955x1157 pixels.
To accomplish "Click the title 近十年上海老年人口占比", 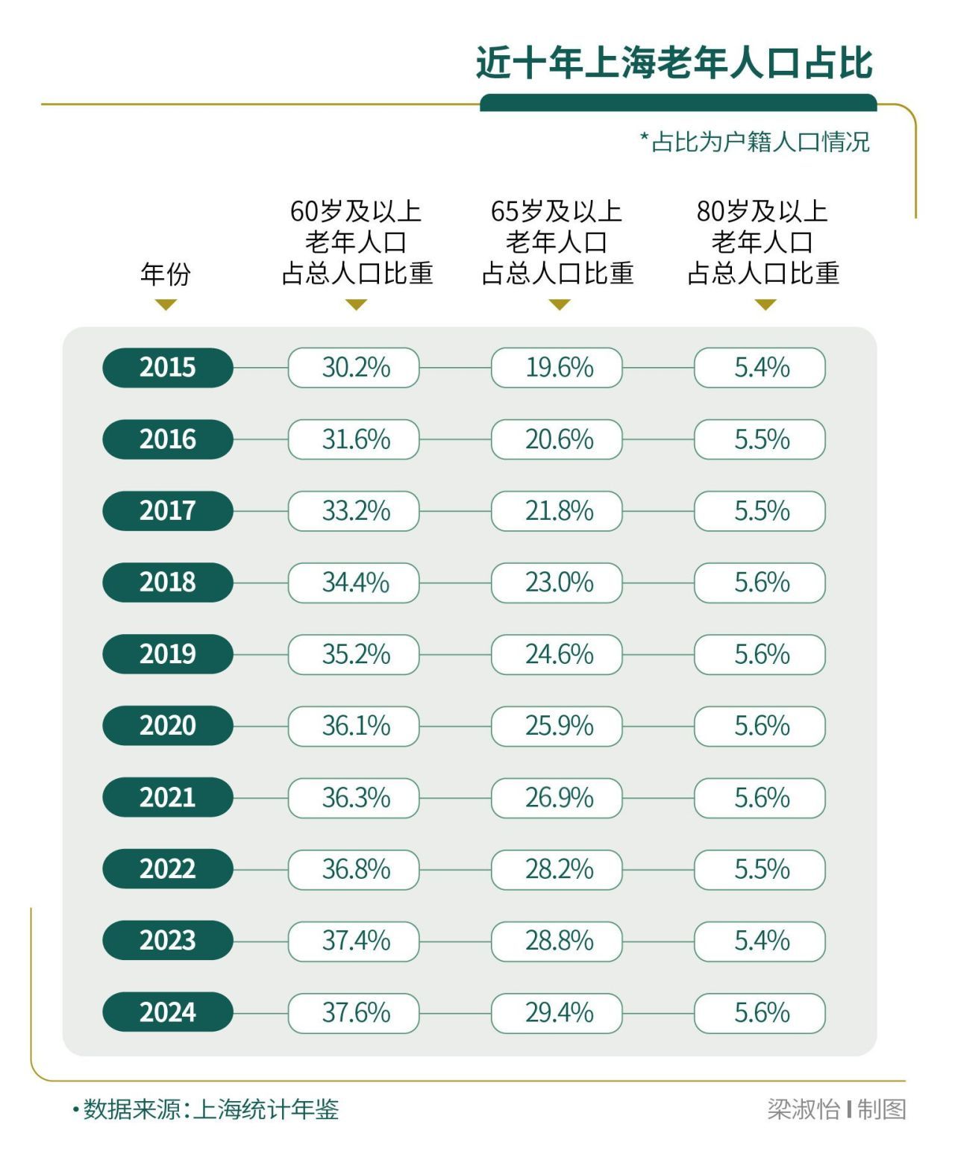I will [674, 63].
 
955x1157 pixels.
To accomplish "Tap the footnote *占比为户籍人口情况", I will [755, 141].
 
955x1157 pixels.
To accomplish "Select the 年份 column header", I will [166, 274].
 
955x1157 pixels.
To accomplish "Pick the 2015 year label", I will [168, 368].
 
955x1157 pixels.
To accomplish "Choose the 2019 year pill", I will [168, 654].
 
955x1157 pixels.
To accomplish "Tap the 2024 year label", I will [168, 1012].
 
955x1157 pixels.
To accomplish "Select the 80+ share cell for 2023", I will [760, 941].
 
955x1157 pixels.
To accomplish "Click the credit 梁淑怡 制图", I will [836, 1109].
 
